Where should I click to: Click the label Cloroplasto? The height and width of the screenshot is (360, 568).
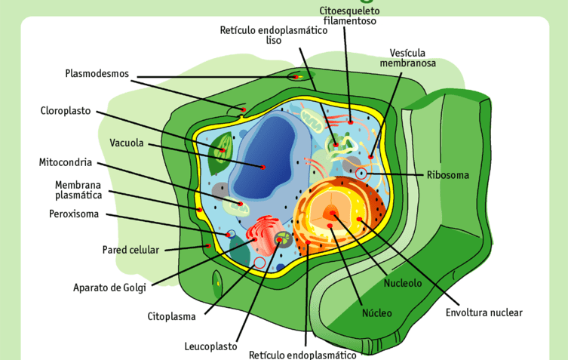pyautogui.click(x=66, y=111)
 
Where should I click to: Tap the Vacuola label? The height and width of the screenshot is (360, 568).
pyautogui.click(x=127, y=143)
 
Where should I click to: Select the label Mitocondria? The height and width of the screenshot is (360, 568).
pyautogui.click(x=66, y=162)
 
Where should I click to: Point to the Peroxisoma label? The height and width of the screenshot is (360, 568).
pyautogui.click(x=74, y=214)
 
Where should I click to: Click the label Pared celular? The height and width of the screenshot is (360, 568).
pyautogui.click(x=130, y=250)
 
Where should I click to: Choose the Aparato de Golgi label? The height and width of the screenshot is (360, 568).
pyautogui.click(x=110, y=287)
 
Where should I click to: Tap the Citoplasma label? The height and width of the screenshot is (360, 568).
pyautogui.click(x=171, y=316)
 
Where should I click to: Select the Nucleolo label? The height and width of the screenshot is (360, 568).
pyautogui.click(x=403, y=283)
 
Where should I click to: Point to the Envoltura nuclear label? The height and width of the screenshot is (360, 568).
pyautogui.click(x=484, y=312)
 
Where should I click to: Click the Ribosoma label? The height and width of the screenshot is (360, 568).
pyautogui.click(x=447, y=175)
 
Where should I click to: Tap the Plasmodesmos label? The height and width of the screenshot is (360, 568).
pyautogui.click(x=97, y=74)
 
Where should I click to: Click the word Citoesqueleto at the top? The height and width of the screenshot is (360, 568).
pyautogui.click(x=350, y=11)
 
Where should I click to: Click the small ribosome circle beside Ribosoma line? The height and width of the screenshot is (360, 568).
pyautogui.click(x=362, y=174)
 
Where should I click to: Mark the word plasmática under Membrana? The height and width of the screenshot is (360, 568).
pyautogui.click(x=78, y=195)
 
